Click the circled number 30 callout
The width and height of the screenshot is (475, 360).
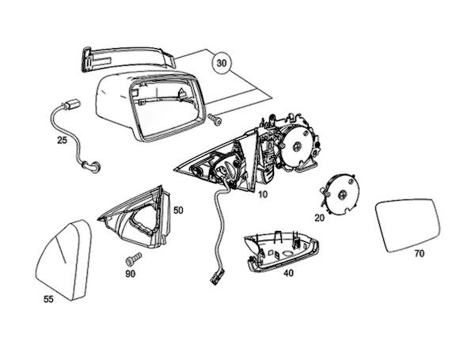click(222, 62)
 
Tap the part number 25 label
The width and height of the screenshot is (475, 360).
click(61, 140)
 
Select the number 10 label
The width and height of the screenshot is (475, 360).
click(263, 193)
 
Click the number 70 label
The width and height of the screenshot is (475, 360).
click(420, 254)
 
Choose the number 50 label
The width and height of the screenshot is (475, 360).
click(178, 210)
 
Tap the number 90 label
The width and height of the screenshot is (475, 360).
click(130, 273)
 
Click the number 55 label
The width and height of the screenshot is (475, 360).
click(49, 299)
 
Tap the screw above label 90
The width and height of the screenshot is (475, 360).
click(131, 259)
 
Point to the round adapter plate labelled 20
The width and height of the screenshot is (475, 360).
click(341, 192)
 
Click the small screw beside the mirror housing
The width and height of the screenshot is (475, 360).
click(215, 118)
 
